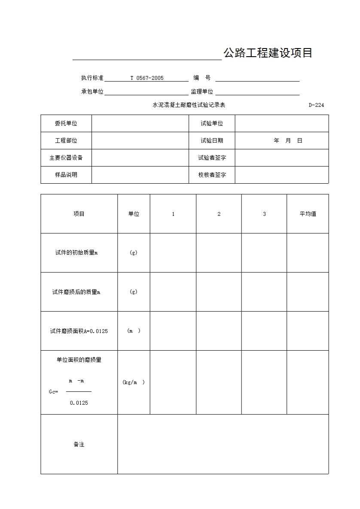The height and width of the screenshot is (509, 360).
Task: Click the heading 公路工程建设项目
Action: point(267,53)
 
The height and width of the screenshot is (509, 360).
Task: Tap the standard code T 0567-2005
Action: point(147,78)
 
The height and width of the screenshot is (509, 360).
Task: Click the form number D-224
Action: point(316,105)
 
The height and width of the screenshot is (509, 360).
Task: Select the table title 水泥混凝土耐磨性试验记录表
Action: point(189,105)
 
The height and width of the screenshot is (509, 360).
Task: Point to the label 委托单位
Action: point(66,124)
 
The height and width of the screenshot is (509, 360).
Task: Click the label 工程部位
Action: point(66,141)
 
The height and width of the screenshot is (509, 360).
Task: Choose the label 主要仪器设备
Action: point(66,158)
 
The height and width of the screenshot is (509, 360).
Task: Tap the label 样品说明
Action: point(66,175)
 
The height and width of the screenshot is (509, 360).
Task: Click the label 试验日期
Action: point(212,141)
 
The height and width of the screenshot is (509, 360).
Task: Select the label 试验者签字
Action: point(212,158)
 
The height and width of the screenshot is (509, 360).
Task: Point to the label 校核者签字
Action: point(212,175)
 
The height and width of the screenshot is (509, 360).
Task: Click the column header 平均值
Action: point(308,214)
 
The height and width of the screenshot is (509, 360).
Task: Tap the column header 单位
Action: point(134,214)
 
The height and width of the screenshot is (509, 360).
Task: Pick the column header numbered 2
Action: point(219,214)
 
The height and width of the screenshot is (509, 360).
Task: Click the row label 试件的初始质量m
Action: point(76,253)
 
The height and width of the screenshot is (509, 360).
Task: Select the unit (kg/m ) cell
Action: point(134,382)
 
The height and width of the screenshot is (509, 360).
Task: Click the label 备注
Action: point(79,445)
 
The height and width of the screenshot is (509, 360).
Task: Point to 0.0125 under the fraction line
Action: point(79,403)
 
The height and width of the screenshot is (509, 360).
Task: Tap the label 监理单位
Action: point(202,92)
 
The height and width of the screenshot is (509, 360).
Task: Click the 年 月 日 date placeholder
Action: point(288,141)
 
